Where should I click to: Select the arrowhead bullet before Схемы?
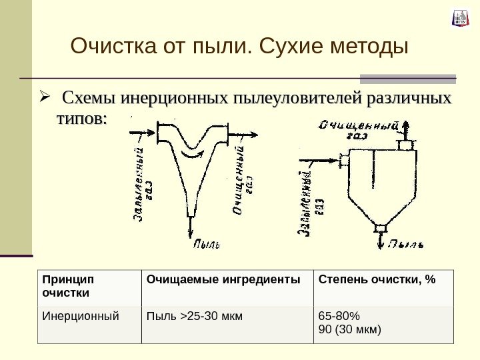(45, 100)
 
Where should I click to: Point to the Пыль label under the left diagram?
(206, 244)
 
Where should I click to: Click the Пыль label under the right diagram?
(407, 244)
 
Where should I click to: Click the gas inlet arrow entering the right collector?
(324, 160)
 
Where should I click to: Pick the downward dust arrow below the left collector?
(191, 227)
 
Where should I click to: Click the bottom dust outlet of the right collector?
(381, 229)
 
